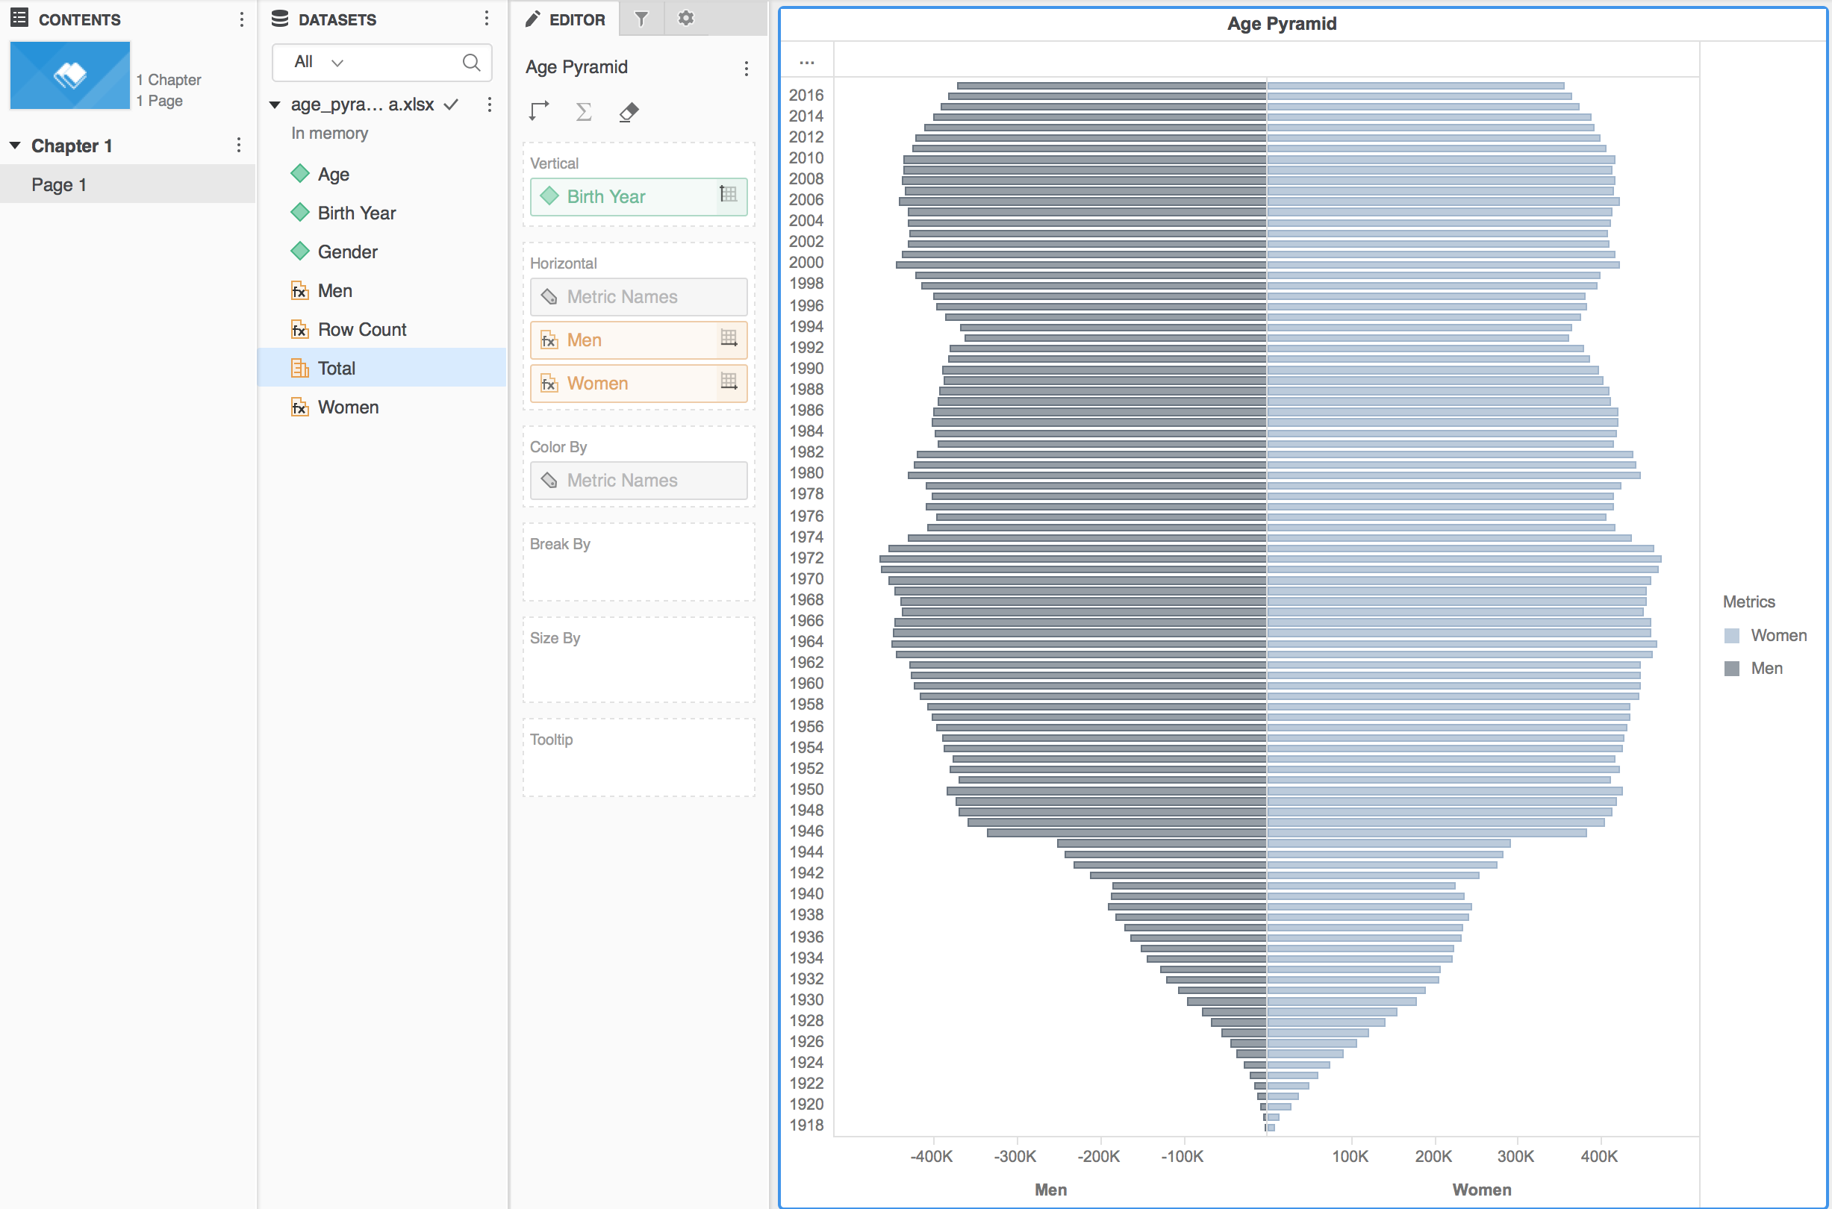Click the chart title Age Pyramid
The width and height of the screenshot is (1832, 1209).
1281,24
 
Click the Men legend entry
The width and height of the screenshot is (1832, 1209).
1766,669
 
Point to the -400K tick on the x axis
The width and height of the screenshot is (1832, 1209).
931,1156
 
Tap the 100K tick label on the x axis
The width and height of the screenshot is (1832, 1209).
1350,1156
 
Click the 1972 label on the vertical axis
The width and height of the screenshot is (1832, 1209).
806,557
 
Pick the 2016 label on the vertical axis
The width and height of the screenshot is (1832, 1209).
806,95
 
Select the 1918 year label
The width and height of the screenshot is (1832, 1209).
806,1125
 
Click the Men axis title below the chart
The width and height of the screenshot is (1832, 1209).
1050,1189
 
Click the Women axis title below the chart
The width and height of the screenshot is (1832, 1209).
1481,1189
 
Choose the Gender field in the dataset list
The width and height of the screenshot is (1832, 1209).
347,252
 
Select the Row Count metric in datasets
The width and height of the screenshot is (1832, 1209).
362,330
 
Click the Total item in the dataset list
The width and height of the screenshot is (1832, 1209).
337,369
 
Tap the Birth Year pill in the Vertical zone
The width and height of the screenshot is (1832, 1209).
606,196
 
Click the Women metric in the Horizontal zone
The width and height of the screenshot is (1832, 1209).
598,383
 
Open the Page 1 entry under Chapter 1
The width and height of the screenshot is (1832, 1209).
59,185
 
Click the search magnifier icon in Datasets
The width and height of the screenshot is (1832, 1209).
471,63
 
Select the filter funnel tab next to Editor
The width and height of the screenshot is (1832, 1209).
641,19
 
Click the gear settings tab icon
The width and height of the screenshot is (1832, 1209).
686,19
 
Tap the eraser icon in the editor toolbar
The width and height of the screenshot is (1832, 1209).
629,113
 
